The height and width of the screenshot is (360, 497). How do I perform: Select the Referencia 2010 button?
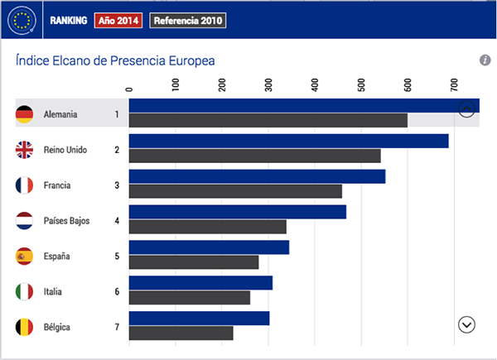pos(187,20)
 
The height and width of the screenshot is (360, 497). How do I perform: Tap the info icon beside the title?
pos(485,60)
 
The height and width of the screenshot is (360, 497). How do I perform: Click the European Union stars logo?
pos(22,20)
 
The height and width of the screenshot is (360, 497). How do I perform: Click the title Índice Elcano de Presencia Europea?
pos(116,60)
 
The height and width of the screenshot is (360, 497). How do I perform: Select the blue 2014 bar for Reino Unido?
pos(288,141)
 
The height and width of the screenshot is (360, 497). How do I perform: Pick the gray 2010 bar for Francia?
pos(235,191)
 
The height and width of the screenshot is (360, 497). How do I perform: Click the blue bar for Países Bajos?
pos(237,212)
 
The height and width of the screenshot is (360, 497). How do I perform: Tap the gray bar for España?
pos(194,262)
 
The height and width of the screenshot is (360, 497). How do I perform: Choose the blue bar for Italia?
pos(200,283)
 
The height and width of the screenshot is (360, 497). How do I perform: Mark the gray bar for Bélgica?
pos(181,334)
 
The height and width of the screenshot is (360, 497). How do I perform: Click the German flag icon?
pos(24,114)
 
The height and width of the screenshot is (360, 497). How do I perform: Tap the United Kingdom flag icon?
pos(24,150)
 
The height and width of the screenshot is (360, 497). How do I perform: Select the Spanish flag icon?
pos(24,256)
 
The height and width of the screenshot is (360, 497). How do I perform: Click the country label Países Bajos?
pos(66,221)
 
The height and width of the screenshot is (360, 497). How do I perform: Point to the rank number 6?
pos(117,291)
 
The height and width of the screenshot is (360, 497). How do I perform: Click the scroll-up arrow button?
pos(466,109)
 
